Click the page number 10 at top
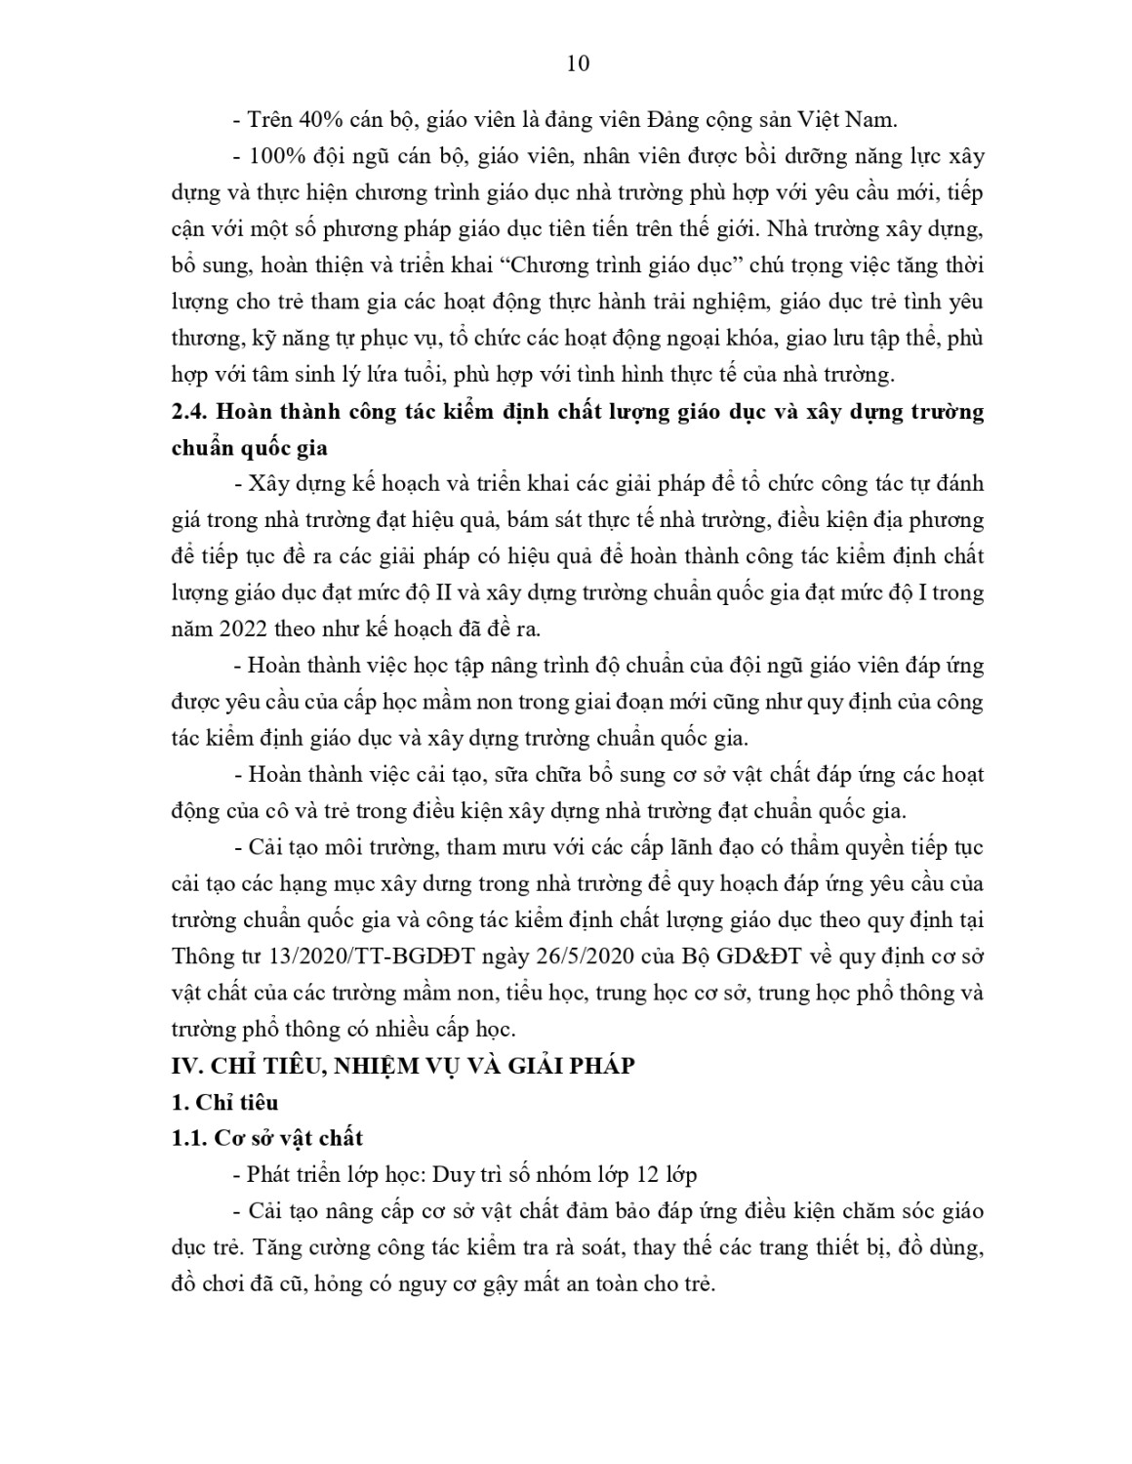[x=578, y=63]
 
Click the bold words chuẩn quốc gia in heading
[x=249, y=448]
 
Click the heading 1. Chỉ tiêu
[x=224, y=1102]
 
